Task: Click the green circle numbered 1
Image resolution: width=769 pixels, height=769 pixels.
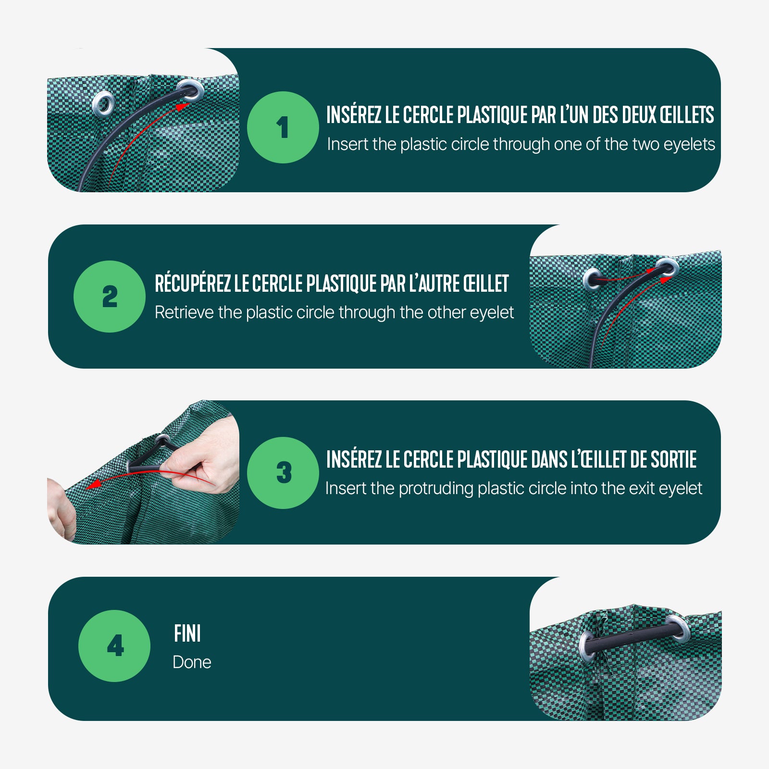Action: coord(283,127)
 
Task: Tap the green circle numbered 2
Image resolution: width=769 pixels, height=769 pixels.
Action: coord(110,297)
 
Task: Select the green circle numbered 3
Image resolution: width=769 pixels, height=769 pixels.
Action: coord(283,473)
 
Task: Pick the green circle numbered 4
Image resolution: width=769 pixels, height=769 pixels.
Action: coord(114,646)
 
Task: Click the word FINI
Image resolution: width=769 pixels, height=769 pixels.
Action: coord(187,633)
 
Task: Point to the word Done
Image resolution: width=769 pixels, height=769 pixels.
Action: coord(192,662)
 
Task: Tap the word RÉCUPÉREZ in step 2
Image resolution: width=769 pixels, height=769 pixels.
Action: coord(193,283)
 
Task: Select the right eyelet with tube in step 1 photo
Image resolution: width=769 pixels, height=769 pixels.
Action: coord(190,91)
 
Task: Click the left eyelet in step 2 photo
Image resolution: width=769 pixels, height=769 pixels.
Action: coord(593,279)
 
